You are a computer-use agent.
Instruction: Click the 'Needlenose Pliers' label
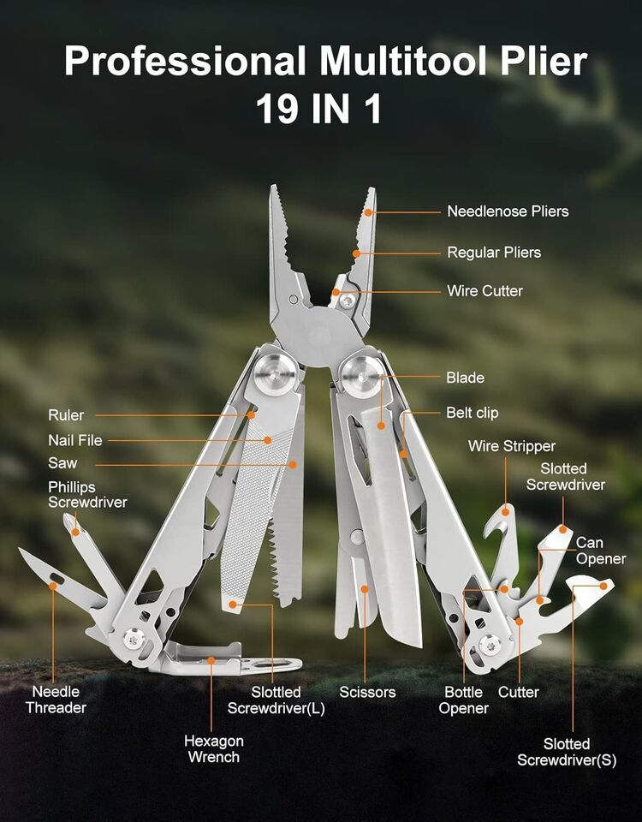pos(508,211)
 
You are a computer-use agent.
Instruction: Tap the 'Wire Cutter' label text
pos(484,291)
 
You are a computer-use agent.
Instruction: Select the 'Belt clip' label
pos(473,413)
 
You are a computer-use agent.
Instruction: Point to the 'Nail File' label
pos(75,440)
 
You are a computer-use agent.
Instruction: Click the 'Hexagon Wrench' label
pos(214,748)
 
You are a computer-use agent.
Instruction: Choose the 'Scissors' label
pos(367,692)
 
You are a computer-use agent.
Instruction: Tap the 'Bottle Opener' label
pos(463,700)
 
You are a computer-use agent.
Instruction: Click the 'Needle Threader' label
pos(56,700)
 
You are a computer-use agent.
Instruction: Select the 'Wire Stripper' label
pos(512,446)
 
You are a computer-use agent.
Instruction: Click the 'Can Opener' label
pos(601,551)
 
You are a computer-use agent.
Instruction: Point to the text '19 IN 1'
pos(318,109)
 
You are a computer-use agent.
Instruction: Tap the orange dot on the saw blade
pos(293,464)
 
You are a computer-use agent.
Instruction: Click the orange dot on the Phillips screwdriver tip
pos(75,532)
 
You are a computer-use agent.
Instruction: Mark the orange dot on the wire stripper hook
pos(506,512)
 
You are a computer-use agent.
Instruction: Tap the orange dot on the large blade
pos(382,426)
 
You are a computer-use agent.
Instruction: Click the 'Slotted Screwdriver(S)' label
pos(567,752)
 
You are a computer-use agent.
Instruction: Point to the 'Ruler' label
pos(66,415)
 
